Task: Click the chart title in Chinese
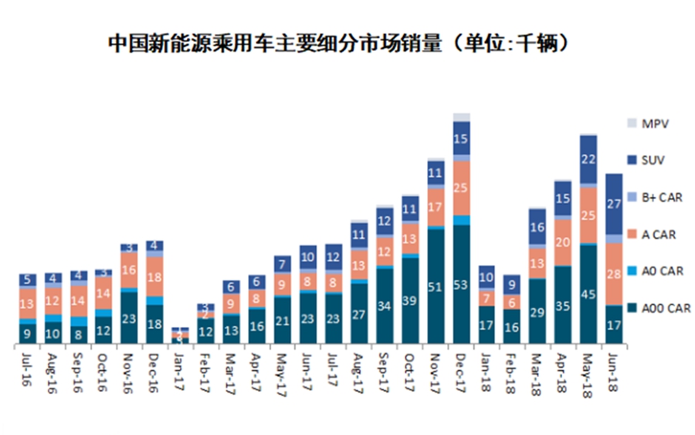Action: tap(340, 43)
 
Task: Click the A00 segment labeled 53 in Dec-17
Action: tap(462, 284)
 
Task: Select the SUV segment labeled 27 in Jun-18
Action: tap(615, 204)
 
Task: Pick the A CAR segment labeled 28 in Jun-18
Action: tap(615, 274)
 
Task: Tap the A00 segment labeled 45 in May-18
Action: tap(589, 294)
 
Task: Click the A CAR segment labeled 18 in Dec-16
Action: tap(154, 277)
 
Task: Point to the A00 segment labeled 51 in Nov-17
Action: tap(436, 287)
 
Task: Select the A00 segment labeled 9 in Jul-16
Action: tap(28, 334)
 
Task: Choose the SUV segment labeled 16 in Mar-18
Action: tap(538, 227)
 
